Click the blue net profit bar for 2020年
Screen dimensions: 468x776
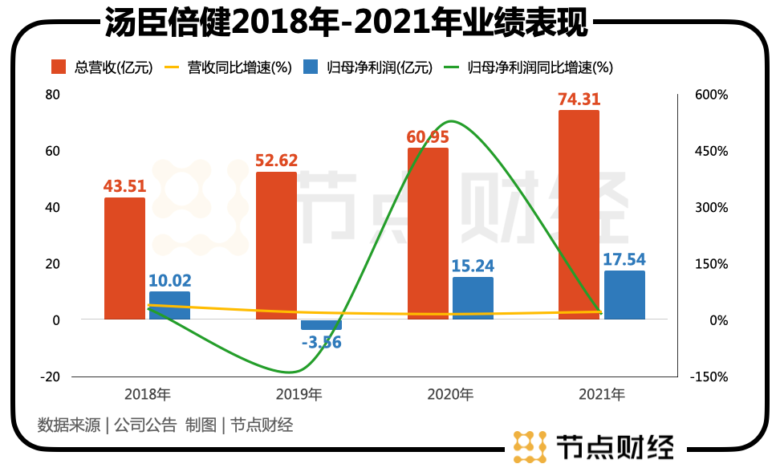473,299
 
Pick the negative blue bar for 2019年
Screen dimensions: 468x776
321,325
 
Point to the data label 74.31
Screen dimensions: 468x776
579,100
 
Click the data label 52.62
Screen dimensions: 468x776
275,161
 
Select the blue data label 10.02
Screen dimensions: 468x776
169,281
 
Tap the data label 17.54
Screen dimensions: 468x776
624,260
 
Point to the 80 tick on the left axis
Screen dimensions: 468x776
53,95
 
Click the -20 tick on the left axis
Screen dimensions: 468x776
51,376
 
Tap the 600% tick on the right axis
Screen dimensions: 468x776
711,95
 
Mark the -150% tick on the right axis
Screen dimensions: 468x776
709,376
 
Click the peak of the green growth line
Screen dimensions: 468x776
451,122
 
